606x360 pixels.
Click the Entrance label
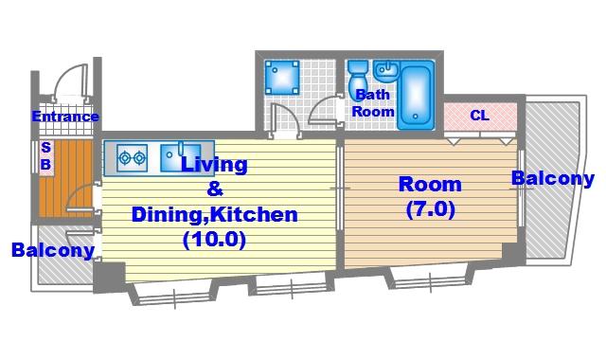pyautogui.click(x=65, y=117)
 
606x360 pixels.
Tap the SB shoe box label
pyautogui.click(x=46, y=155)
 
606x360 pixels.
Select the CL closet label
pyautogui.click(x=480, y=116)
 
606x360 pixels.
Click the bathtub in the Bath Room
pyautogui.click(x=416, y=95)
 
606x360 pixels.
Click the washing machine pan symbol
pyautogui.click(x=282, y=78)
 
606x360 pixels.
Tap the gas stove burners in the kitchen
pyautogui.click(x=132, y=158)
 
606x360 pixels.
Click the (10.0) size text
pyautogui.click(x=215, y=240)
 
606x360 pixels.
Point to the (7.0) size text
pyautogui.click(x=431, y=209)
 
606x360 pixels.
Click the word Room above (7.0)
pyautogui.click(x=430, y=184)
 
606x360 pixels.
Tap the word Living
pyautogui.click(x=214, y=164)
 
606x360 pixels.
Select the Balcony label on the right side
pyautogui.click(x=553, y=179)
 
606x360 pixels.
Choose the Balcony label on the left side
pyautogui.click(x=53, y=250)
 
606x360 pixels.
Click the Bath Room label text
pyautogui.click(x=373, y=103)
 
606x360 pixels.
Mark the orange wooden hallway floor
pyautogui.click(x=65, y=178)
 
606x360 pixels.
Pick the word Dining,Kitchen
pyautogui.click(x=215, y=215)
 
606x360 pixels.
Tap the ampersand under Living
pyautogui.click(x=215, y=189)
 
